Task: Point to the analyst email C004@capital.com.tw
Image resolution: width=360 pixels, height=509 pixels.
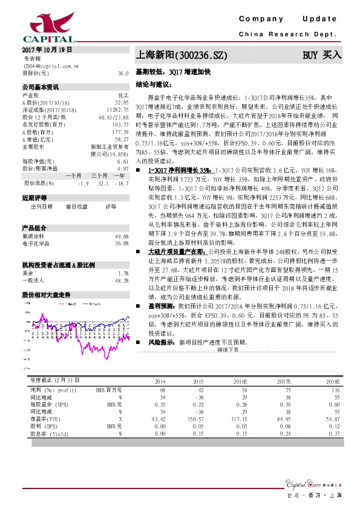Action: tap(50, 66)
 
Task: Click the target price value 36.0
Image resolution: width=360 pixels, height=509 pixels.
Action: tap(123, 73)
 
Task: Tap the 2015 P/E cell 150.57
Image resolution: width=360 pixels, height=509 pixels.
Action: tap(194, 418)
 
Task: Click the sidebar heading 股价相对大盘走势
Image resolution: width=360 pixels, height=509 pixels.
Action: tap(47, 294)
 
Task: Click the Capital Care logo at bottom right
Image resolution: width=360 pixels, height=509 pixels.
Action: tap(308, 483)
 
